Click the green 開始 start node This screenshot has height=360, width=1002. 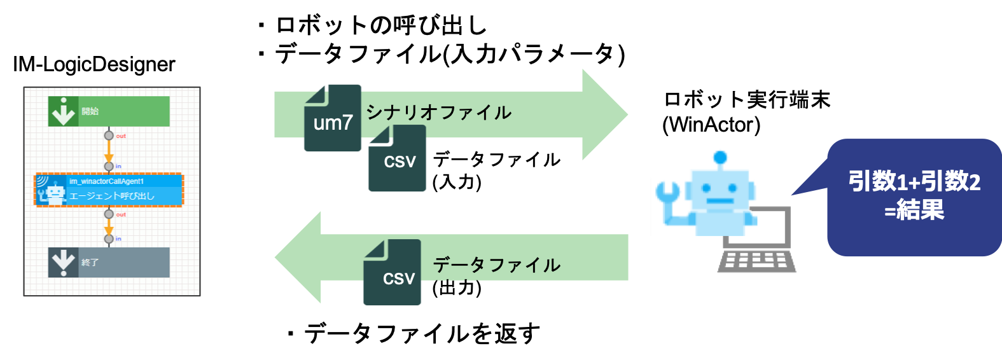coord(109,111)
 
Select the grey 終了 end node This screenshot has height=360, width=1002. coord(109,262)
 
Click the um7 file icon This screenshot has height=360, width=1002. coord(332,119)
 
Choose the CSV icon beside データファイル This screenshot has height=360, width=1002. coord(392,273)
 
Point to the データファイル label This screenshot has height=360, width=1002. coord(497,265)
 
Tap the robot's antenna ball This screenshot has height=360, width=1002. coord(720,156)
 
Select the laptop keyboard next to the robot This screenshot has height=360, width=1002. coord(757,261)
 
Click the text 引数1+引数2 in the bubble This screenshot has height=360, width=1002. coord(914,181)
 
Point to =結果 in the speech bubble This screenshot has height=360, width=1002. coord(914,209)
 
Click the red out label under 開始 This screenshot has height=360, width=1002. coord(121,136)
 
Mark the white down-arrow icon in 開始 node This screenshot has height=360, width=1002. coord(63,111)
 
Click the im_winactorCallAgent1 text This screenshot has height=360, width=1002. coord(106,181)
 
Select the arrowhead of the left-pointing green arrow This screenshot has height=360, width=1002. coord(296,258)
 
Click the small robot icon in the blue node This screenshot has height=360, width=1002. coord(55,193)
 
